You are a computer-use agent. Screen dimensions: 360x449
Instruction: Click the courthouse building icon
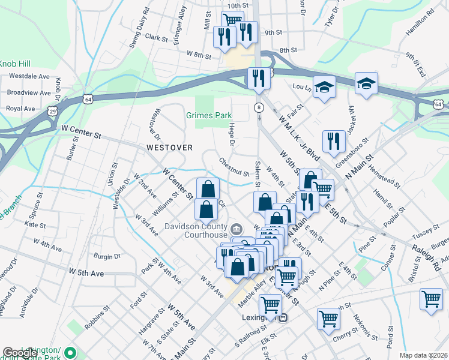point(235,228)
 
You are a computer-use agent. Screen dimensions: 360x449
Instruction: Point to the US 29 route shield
point(53,112)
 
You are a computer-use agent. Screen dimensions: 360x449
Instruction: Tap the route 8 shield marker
point(259,107)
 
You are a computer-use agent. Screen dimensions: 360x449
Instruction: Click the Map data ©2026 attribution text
point(423,355)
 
